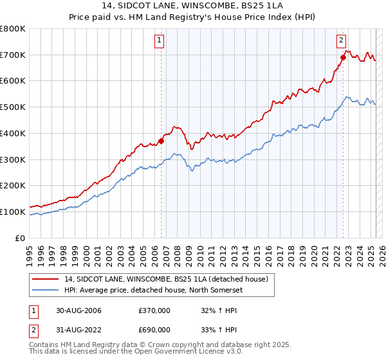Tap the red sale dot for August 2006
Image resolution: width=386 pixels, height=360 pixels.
tap(161, 141)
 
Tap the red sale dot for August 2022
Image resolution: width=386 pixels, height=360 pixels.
tap(343, 57)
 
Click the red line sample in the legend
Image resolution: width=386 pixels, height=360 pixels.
tap(46, 278)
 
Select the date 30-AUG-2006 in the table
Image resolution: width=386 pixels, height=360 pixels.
tap(79, 310)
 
